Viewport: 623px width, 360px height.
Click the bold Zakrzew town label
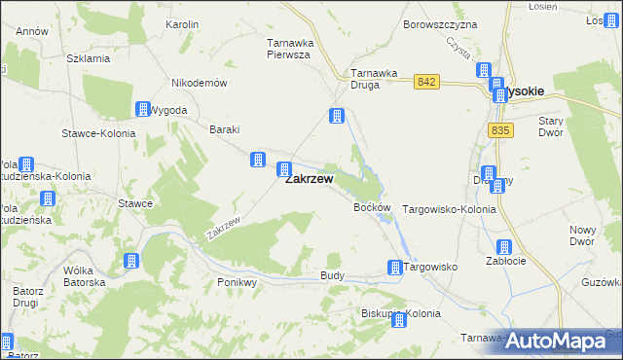(309, 179)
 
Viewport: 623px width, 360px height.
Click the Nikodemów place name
(199, 83)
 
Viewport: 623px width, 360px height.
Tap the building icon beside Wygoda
(143, 109)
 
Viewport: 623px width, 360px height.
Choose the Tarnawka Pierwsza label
(288, 49)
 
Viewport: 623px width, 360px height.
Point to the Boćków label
(372, 208)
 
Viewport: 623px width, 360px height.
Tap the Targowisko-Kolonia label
(449, 209)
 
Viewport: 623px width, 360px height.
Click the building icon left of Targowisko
(395, 268)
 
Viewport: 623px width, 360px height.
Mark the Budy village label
(332, 276)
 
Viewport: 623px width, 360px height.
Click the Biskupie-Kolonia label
(400, 313)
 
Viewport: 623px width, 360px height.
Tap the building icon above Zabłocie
(504, 247)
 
